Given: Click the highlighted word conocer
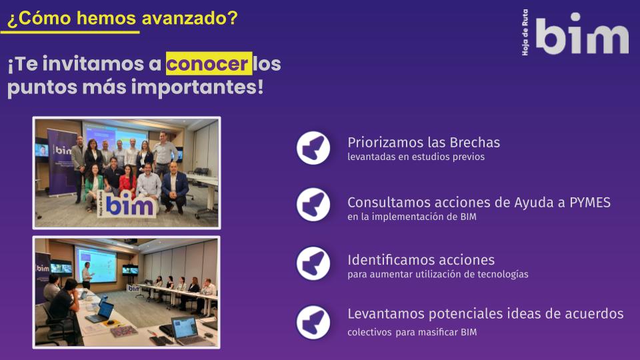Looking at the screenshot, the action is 209,64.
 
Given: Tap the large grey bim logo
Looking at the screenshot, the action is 582,33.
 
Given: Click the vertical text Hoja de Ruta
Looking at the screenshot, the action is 525,33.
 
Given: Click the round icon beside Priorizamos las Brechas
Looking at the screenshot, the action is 313,148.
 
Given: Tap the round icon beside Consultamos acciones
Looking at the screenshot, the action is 313,205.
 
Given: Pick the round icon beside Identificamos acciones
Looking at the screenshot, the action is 313,263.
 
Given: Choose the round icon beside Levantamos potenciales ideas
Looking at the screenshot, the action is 313,323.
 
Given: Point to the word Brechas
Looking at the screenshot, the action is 475,143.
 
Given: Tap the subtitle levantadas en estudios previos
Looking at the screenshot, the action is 416,157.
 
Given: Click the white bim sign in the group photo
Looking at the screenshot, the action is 127,204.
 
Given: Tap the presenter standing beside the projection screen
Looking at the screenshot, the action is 87,275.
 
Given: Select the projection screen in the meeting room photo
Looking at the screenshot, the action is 96,265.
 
